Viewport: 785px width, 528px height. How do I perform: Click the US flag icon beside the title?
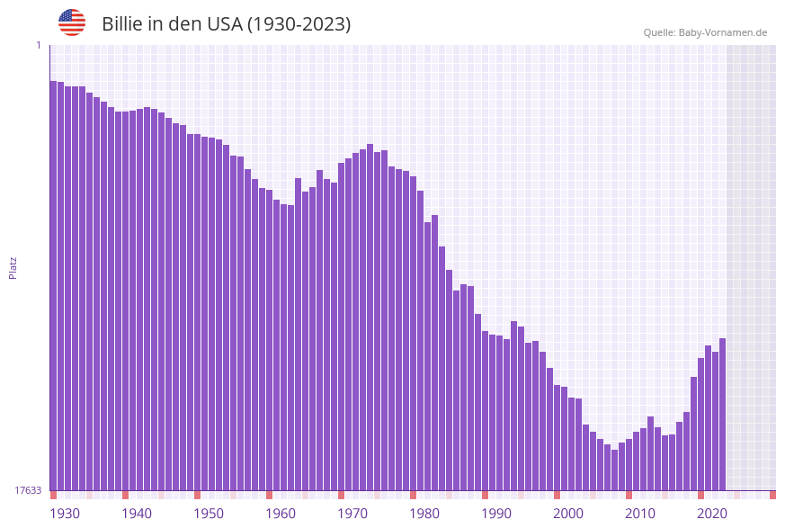[72, 22]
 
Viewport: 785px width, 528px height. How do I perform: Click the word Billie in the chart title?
[123, 24]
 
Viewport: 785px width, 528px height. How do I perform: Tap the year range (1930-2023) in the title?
[299, 24]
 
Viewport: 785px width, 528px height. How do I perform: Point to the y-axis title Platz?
[13, 267]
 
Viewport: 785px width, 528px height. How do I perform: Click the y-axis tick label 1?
[38, 45]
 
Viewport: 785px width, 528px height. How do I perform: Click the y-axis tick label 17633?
[28, 490]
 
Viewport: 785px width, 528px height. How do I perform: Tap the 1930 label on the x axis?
[64, 514]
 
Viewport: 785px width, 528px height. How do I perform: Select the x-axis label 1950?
[208, 514]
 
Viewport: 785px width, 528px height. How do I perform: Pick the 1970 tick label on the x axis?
[352, 514]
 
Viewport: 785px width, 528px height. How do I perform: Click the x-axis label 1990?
[495, 514]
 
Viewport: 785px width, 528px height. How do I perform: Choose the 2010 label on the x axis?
[639, 514]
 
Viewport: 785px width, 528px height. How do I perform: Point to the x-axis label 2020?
[711, 514]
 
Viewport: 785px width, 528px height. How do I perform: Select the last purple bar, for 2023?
[722, 414]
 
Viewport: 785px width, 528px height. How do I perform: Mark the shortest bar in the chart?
[614, 470]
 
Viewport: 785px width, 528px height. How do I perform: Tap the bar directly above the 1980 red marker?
[413, 333]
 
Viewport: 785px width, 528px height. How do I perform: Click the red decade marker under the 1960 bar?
[269, 495]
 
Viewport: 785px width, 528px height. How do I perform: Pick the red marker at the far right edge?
[772, 495]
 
